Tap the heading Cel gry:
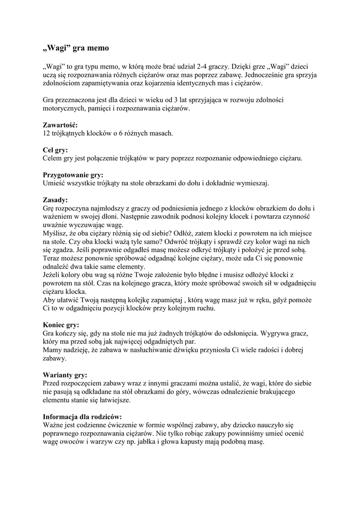pyautogui.click(x=55, y=150)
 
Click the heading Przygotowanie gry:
pyautogui.click(x=73, y=175)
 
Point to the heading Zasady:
pyautogui.click(x=55, y=200)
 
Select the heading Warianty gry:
pyautogui.click(x=65, y=375)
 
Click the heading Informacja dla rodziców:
pyautogui.click(x=82, y=417)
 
